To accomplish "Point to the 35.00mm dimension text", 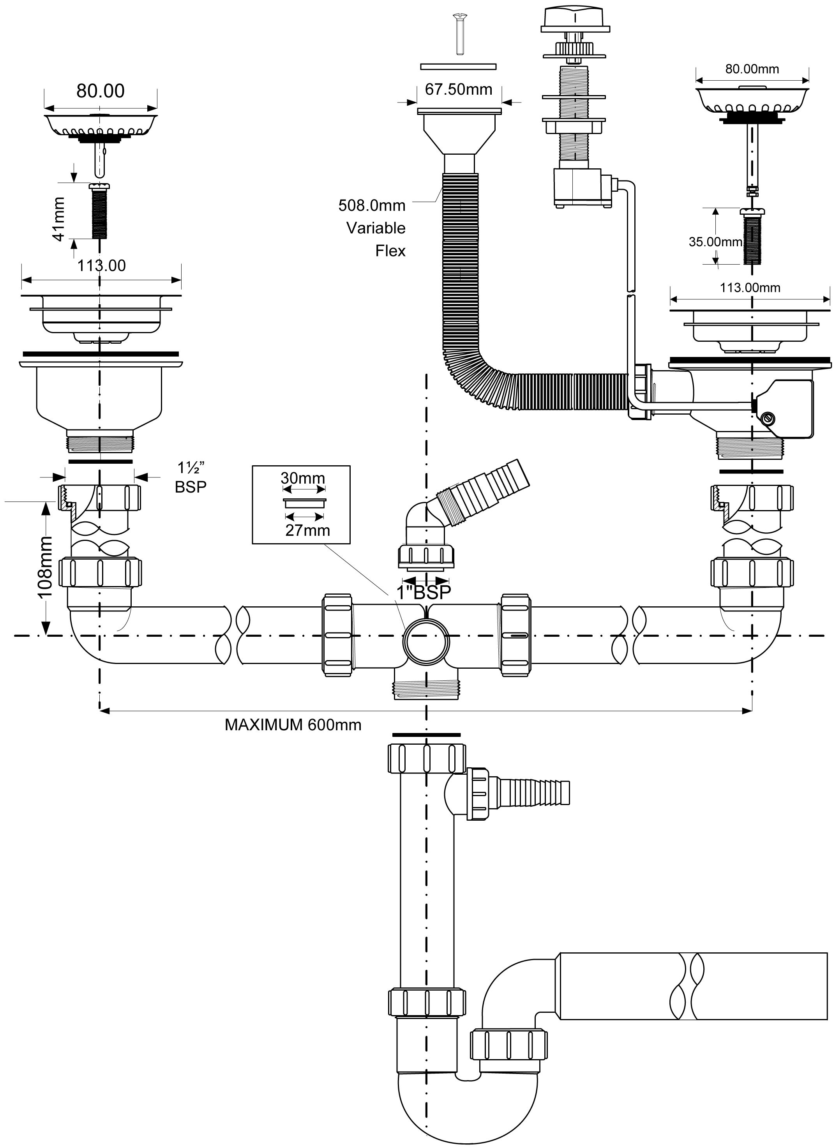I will pyautogui.click(x=715, y=242).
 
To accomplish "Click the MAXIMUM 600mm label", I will pyautogui.click(x=293, y=725).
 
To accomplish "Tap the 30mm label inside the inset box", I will pyautogui.click(x=303, y=478).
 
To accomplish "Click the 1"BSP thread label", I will pyautogui.click(x=423, y=593).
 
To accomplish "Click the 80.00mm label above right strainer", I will pyautogui.click(x=752, y=69).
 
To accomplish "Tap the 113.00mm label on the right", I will pyautogui.click(x=750, y=288).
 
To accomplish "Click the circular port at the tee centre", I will pyautogui.click(x=426, y=642).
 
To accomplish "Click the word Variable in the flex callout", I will pyautogui.click(x=376, y=228).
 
